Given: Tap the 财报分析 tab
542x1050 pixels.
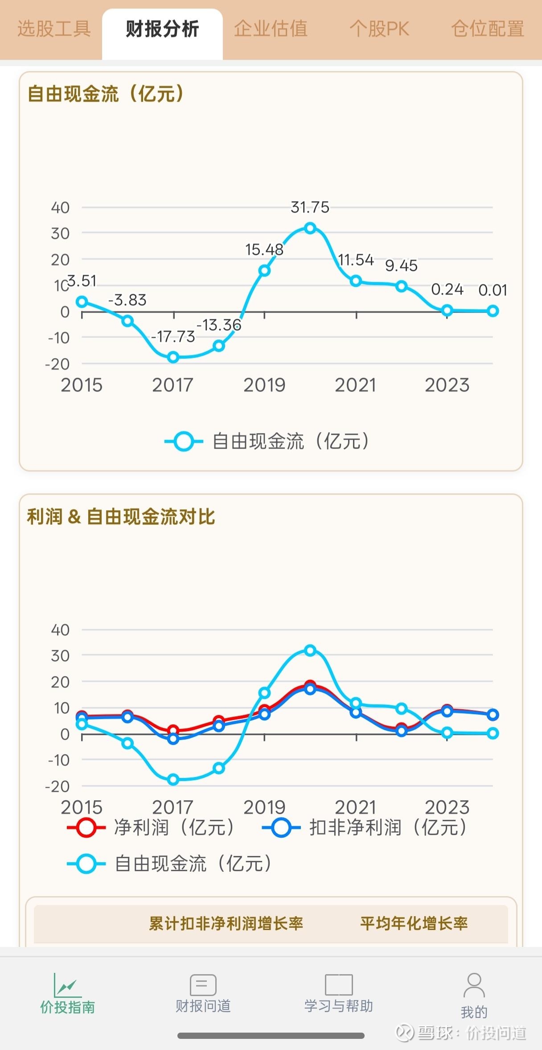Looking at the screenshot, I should [162, 29].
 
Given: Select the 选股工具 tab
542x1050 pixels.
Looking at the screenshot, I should [54, 29].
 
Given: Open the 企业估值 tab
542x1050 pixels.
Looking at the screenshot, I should [271, 29].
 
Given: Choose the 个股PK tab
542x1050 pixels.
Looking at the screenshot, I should [379, 29].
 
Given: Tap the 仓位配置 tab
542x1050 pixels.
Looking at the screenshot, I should [487, 29].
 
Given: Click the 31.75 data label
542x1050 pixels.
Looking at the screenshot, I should [310, 207].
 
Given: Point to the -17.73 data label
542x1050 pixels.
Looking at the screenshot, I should [173, 336].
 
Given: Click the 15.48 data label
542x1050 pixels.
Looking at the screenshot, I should [264, 250].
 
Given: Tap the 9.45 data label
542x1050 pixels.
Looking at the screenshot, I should [401, 266].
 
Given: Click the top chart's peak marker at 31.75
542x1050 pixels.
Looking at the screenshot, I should [310, 228].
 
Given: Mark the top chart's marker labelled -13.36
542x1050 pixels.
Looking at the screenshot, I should [219, 346].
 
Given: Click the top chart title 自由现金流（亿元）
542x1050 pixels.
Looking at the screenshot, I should [106, 94].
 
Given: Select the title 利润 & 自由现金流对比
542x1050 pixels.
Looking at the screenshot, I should [121, 517].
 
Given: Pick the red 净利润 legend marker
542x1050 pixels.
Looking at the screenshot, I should [86, 828].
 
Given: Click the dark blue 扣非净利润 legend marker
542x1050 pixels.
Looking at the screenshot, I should [281, 828].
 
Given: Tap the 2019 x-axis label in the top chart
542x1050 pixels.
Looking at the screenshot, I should [264, 385].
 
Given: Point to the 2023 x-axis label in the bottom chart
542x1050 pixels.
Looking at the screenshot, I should [447, 807].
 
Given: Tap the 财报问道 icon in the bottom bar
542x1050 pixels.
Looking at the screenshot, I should [203, 984].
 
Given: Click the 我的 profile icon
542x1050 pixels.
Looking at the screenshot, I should [474, 985].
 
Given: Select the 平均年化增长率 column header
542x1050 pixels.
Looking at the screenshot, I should [414, 923].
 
